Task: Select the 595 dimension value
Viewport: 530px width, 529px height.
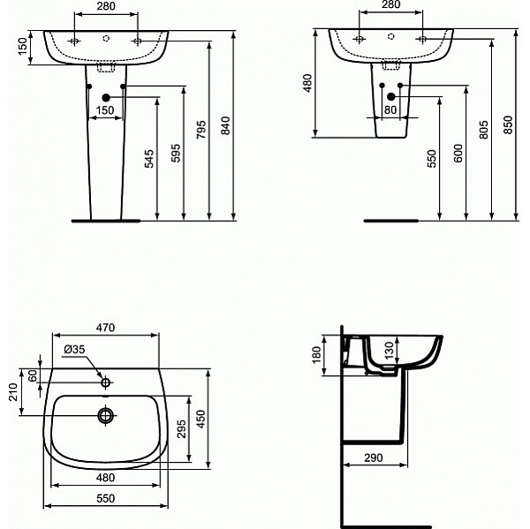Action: tap(175, 154)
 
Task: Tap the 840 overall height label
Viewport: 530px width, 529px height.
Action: tap(226, 126)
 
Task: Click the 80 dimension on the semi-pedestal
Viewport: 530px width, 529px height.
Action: tap(391, 110)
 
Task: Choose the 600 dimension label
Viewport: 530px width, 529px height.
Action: tap(458, 153)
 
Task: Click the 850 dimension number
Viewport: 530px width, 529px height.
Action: tap(508, 126)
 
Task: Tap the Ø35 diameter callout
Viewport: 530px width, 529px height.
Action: tap(74, 350)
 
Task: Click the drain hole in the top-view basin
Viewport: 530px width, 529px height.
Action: tap(106, 415)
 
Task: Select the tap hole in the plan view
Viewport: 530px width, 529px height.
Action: tap(106, 383)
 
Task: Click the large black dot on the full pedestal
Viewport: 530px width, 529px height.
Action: tap(106, 98)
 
